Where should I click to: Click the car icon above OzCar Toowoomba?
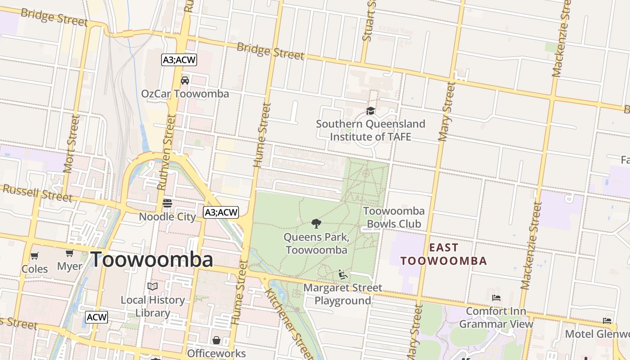184,81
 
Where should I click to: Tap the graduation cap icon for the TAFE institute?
370,111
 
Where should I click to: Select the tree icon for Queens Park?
316,223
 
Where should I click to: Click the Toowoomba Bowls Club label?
394,217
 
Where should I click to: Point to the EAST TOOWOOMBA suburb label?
444,254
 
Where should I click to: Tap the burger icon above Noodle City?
167,203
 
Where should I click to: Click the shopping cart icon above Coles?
35,256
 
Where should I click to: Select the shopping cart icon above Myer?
70,253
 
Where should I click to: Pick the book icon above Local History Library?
153,286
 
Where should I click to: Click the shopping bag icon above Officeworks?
216,340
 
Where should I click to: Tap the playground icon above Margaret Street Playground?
343,274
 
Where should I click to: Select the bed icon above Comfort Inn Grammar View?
496,297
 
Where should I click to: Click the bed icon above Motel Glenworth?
607,321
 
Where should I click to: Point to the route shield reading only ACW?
97,317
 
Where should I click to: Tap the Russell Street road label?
37,193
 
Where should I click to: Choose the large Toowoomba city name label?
152,260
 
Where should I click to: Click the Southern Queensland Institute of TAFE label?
370,130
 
